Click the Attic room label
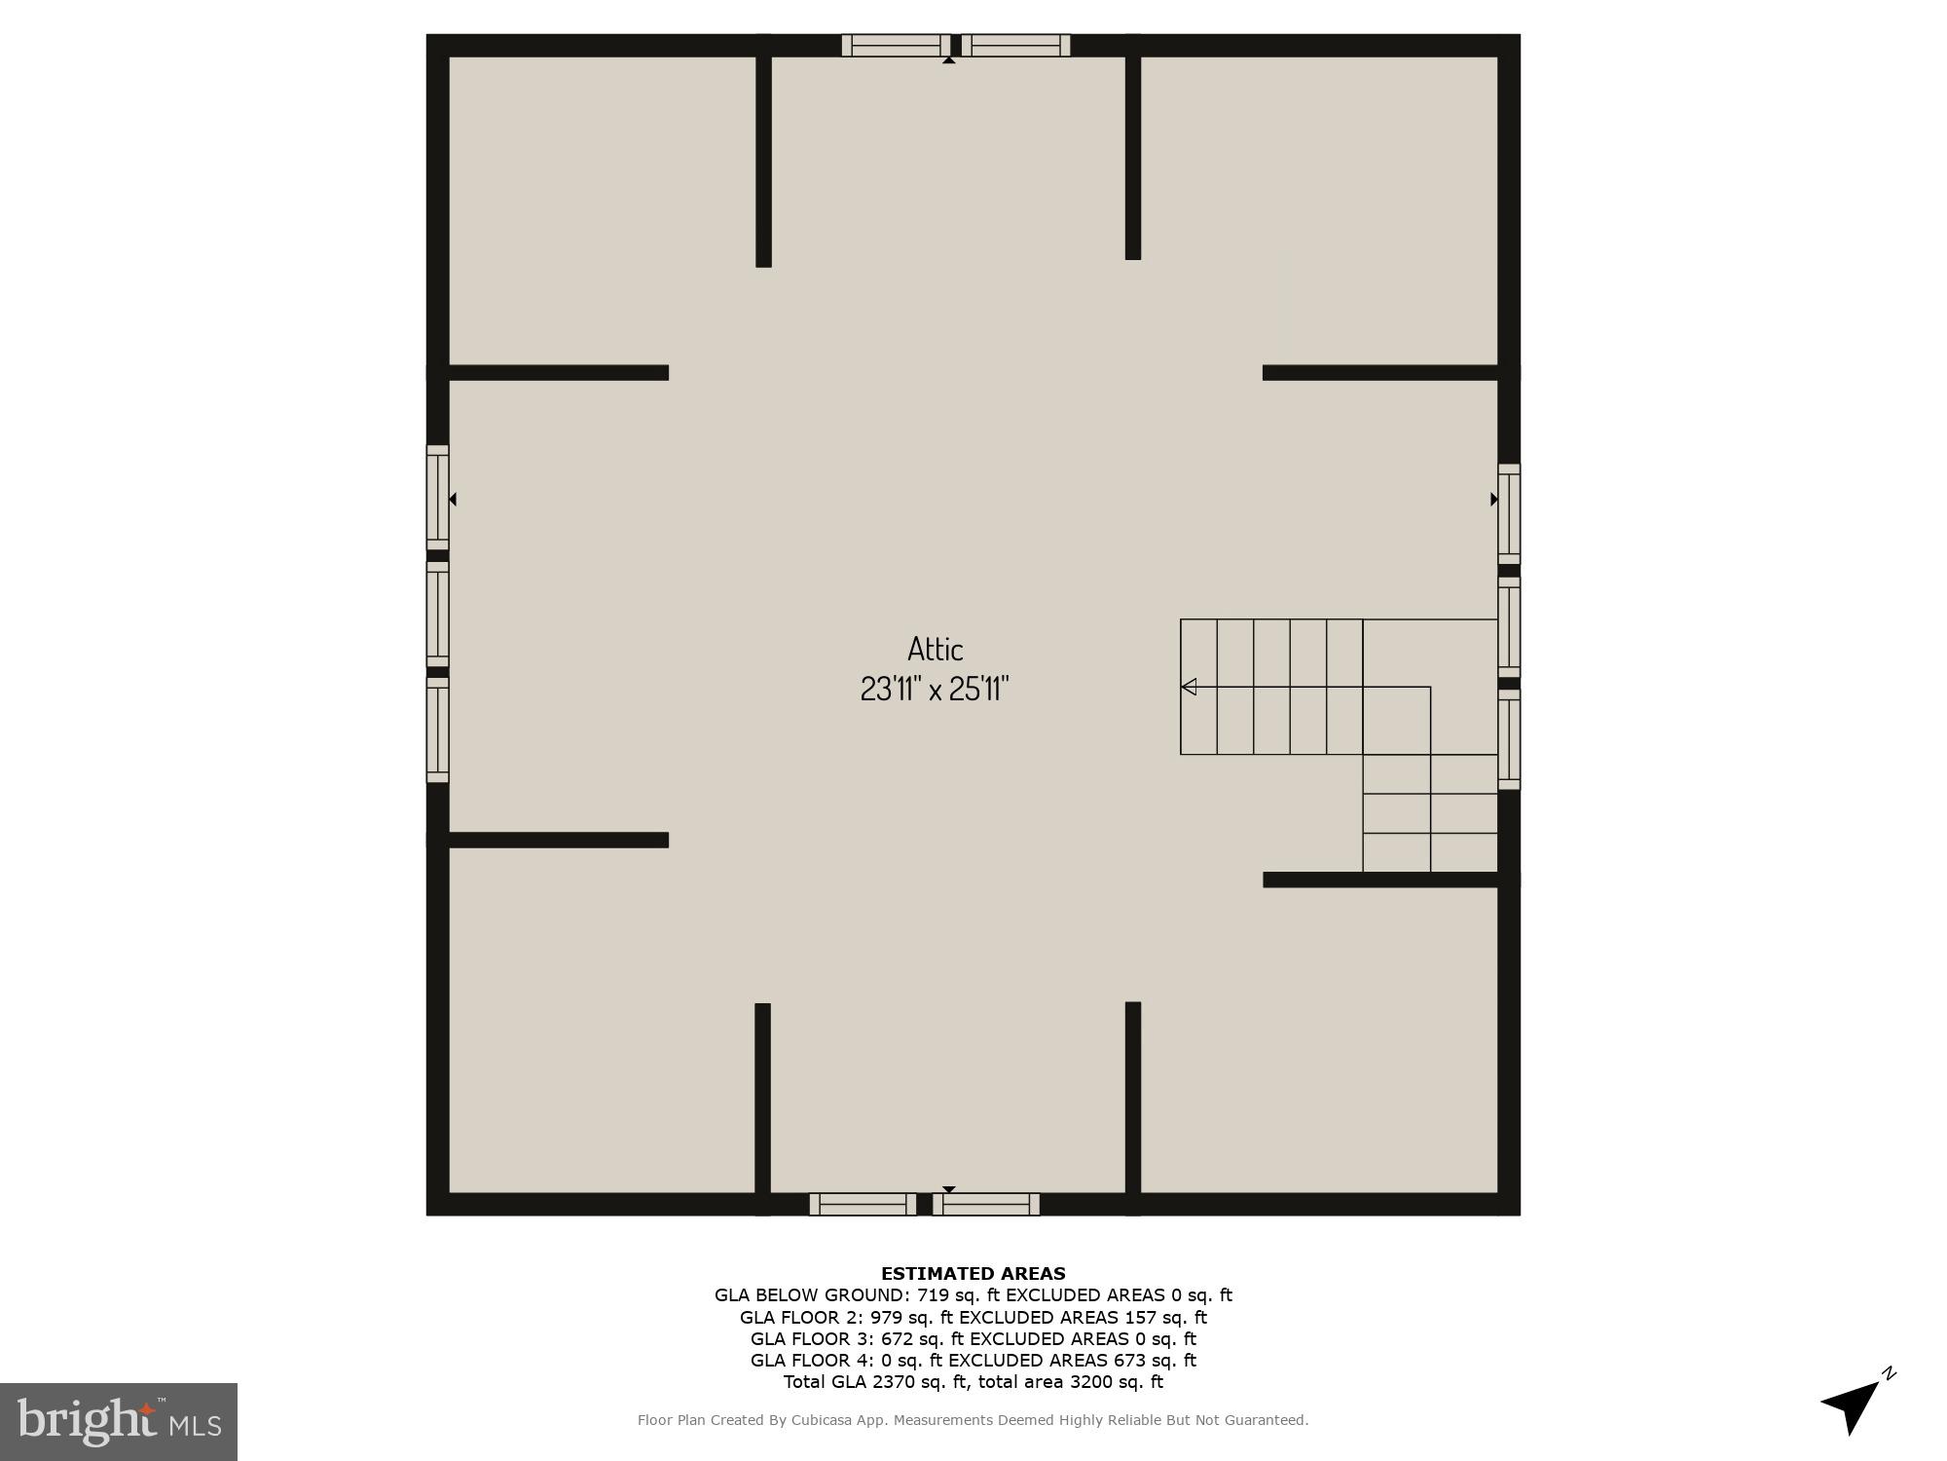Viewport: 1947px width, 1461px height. point(935,649)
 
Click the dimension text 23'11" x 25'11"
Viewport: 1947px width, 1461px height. point(934,690)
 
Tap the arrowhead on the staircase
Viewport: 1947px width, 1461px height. point(1189,687)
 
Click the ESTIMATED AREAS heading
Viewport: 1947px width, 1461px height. point(973,1273)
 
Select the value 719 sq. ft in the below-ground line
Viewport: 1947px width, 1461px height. point(959,1295)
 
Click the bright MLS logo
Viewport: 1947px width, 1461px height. point(119,1421)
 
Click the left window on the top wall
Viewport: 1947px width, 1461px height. point(896,45)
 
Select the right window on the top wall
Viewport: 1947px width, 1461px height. point(1015,45)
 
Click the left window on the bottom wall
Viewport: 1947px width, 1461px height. point(863,1204)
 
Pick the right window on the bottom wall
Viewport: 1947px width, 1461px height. point(986,1204)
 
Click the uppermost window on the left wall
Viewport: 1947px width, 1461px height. point(437,498)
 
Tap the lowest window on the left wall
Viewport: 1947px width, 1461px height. point(437,730)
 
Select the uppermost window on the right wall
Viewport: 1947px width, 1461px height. point(1508,513)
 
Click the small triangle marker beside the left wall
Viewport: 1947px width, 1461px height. point(453,499)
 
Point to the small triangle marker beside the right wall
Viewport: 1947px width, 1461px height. point(1493,499)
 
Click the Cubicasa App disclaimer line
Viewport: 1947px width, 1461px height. point(973,1420)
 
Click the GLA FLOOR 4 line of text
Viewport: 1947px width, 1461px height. point(973,1361)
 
